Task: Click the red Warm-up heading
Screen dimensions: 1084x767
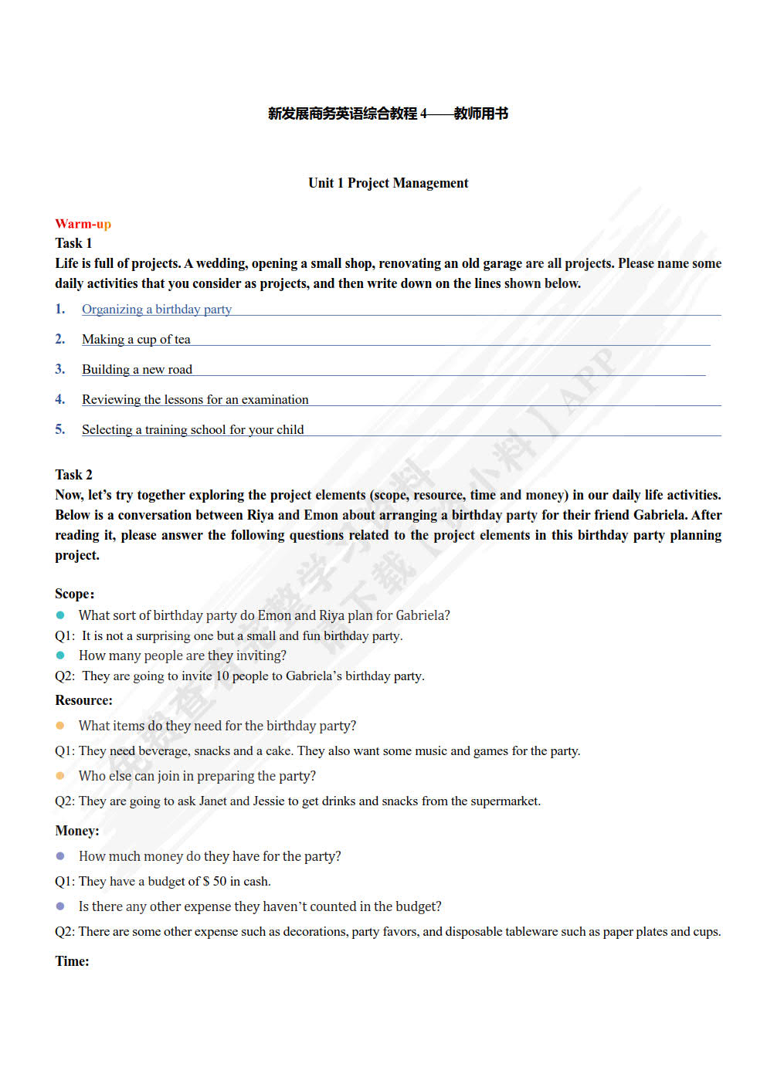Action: coord(83,224)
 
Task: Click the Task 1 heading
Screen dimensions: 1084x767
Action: coord(73,243)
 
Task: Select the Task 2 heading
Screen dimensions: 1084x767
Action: coord(73,475)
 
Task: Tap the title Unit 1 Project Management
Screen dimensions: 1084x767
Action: coord(388,183)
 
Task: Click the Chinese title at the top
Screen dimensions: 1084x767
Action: coord(388,113)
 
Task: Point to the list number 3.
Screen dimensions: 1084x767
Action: coord(59,369)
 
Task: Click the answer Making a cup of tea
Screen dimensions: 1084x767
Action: coord(136,340)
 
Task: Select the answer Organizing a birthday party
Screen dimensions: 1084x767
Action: coord(157,310)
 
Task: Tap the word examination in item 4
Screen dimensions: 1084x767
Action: coord(275,400)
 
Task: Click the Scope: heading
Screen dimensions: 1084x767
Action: coord(74,594)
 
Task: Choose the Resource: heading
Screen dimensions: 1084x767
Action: coord(83,700)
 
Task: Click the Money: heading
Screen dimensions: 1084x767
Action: coord(76,831)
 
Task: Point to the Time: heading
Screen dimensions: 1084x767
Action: coord(72,961)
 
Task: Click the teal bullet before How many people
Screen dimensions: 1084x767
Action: coord(60,655)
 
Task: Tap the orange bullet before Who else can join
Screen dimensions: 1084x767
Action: coord(60,776)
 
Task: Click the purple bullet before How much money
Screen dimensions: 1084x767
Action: coord(60,856)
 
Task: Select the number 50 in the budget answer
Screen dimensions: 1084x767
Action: coord(219,882)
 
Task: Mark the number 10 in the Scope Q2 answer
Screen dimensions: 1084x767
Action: coord(222,676)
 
